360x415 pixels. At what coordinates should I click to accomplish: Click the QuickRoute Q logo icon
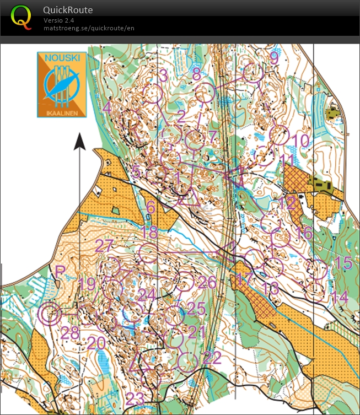point(21,16)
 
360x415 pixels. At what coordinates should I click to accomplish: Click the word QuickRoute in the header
point(68,10)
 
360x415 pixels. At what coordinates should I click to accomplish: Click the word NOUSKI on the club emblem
point(61,57)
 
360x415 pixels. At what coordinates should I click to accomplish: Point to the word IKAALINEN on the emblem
point(61,112)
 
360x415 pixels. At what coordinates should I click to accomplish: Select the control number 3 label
point(163,75)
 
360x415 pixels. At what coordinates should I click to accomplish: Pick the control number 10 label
point(302,141)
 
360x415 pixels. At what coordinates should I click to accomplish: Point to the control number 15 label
point(343,263)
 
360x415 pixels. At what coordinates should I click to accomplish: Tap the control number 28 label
point(70,333)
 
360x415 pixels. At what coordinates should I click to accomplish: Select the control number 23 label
point(135,398)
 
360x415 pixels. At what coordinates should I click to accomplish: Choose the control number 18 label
point(149,231)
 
